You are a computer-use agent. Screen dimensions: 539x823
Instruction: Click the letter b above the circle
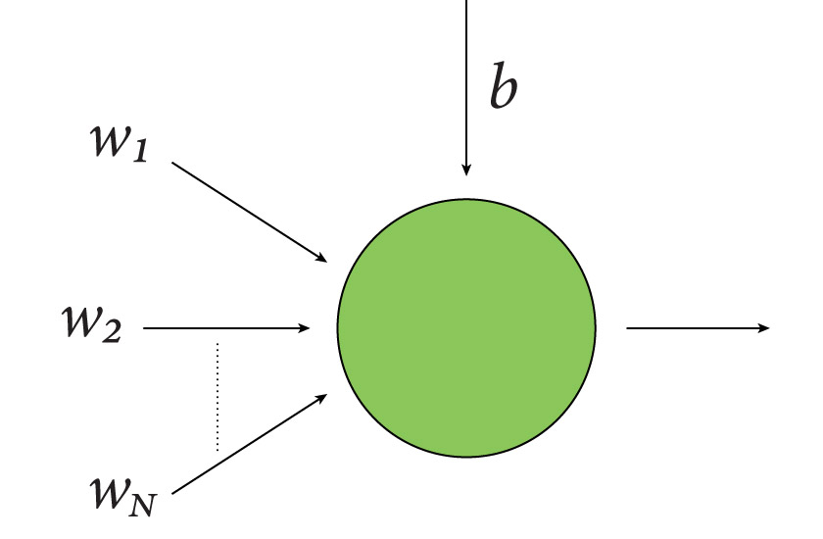pyautogui.click(x=503, y=89)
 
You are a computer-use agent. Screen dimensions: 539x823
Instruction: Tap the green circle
pyautogui.click(x=466, y=327)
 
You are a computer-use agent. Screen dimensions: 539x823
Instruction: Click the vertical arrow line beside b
pyautogui.click(x=466, y=78)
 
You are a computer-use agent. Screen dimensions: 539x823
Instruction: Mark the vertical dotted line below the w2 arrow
pyautogui.click(x=218, y=397)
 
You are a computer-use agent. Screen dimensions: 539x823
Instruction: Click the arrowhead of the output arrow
pyautogui.click(x=764, y=328)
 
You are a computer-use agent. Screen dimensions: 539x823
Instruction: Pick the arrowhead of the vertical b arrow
pyautogui.click(x=466, y=170)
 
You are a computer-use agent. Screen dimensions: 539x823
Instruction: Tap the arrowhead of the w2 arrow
pyautogui.click(x=304, y=328)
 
